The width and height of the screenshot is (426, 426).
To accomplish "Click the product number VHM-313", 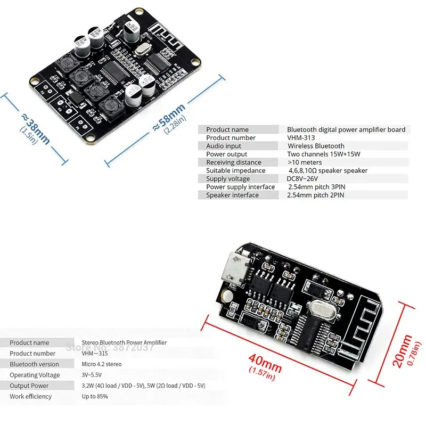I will click(301, 138).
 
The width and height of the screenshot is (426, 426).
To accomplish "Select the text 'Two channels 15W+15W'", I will click(324, 154).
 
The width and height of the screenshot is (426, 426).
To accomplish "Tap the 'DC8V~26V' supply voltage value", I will click(302, 179).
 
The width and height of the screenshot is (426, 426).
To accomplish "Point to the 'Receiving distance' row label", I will click(234, 162).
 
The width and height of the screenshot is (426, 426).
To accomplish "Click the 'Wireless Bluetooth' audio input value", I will click(316, 146).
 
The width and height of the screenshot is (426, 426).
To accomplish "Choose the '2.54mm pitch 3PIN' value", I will click(316, 187).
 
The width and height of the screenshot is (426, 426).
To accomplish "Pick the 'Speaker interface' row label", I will click(232, 195).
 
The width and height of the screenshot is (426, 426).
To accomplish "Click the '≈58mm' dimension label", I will click(169, 117).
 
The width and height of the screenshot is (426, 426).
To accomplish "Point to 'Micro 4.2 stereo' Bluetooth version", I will click(101, 364).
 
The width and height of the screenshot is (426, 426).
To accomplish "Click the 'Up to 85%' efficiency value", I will click(95, 397).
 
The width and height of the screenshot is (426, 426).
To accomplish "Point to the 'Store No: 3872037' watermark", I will click(109, 347).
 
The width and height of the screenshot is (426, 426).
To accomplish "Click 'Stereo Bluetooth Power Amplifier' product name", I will click(124, 343).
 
